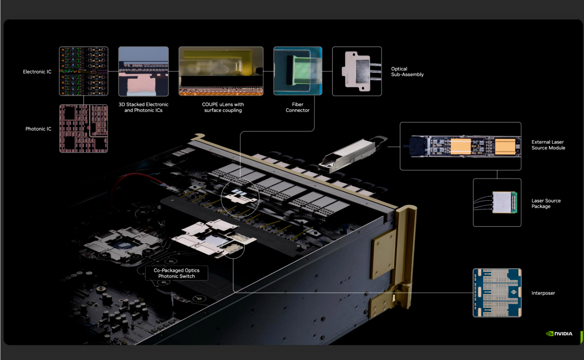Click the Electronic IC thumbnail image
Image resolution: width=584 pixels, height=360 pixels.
click(x=83, y=71)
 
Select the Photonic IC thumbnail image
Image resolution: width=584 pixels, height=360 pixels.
click(x=83, y=129)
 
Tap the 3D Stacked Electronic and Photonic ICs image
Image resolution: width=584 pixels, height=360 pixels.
click(x=144, y=72)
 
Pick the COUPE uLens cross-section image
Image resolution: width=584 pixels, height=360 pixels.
click(x=221, y=71)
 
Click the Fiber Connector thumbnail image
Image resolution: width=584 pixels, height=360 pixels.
click(x=298, y=71)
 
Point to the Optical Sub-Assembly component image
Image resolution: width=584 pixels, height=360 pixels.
click(x=357, y=71)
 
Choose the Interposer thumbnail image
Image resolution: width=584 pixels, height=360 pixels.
click(x=497, y=293)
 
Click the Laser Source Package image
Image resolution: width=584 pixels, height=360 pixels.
click(x=497, y=203)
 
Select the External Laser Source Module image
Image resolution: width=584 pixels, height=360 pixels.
click(x=461, y=146)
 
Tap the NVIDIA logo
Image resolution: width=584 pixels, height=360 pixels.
click(x=559, y=334)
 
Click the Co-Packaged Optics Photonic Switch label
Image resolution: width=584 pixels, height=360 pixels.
click(x=177, y=273)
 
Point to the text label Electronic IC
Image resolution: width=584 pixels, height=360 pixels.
click(x=37, y=72)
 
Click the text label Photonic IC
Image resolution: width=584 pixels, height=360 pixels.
click(x=39, y=129)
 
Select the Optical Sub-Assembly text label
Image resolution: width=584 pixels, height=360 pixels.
click(x=407, y=72)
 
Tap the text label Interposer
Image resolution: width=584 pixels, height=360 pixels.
click(x=543, y=293)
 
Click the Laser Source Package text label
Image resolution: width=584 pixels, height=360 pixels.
click(x=546, y=203)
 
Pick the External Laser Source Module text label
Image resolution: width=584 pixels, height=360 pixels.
click(x=548, y=145)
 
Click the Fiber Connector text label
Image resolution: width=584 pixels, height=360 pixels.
click(x=298, y=108)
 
